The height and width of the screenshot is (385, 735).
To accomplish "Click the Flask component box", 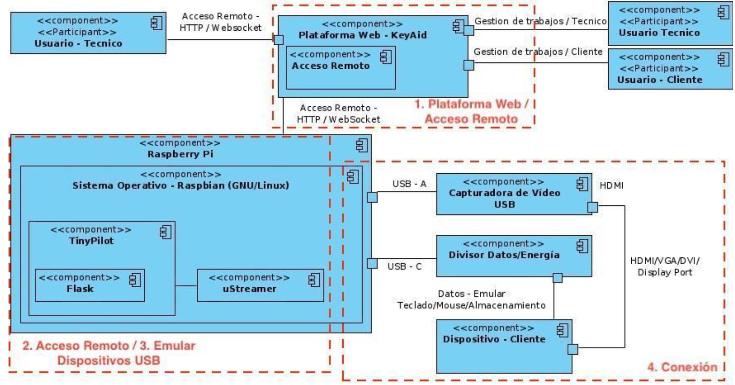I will (90, 285).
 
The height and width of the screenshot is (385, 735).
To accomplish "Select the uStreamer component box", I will (260, 285).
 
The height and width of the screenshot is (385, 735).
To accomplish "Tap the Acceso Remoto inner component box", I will (340, 68).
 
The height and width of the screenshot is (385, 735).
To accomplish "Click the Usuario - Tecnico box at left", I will (88, 33).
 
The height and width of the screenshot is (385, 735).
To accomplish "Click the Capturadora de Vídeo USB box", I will (513, 194).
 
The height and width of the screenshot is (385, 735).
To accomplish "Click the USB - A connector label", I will (409, 184).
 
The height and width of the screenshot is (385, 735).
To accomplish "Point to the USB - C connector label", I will (405, 266).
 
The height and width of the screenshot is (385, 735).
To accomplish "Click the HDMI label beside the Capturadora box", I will (611, 186).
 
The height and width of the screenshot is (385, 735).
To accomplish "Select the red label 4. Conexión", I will (682, 367).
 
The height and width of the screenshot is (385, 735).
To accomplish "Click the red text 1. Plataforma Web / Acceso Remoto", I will (471, 111).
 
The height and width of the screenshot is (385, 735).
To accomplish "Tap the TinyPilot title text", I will (91, 241).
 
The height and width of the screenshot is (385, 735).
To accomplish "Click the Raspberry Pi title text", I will (180, 154).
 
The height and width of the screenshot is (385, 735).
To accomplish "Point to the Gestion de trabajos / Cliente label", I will (538, 52).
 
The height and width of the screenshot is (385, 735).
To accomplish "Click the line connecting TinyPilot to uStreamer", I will (186, 286).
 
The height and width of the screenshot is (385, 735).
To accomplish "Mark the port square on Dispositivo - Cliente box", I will (572, 350).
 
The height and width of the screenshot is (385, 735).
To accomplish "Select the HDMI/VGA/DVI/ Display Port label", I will (665, 266).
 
